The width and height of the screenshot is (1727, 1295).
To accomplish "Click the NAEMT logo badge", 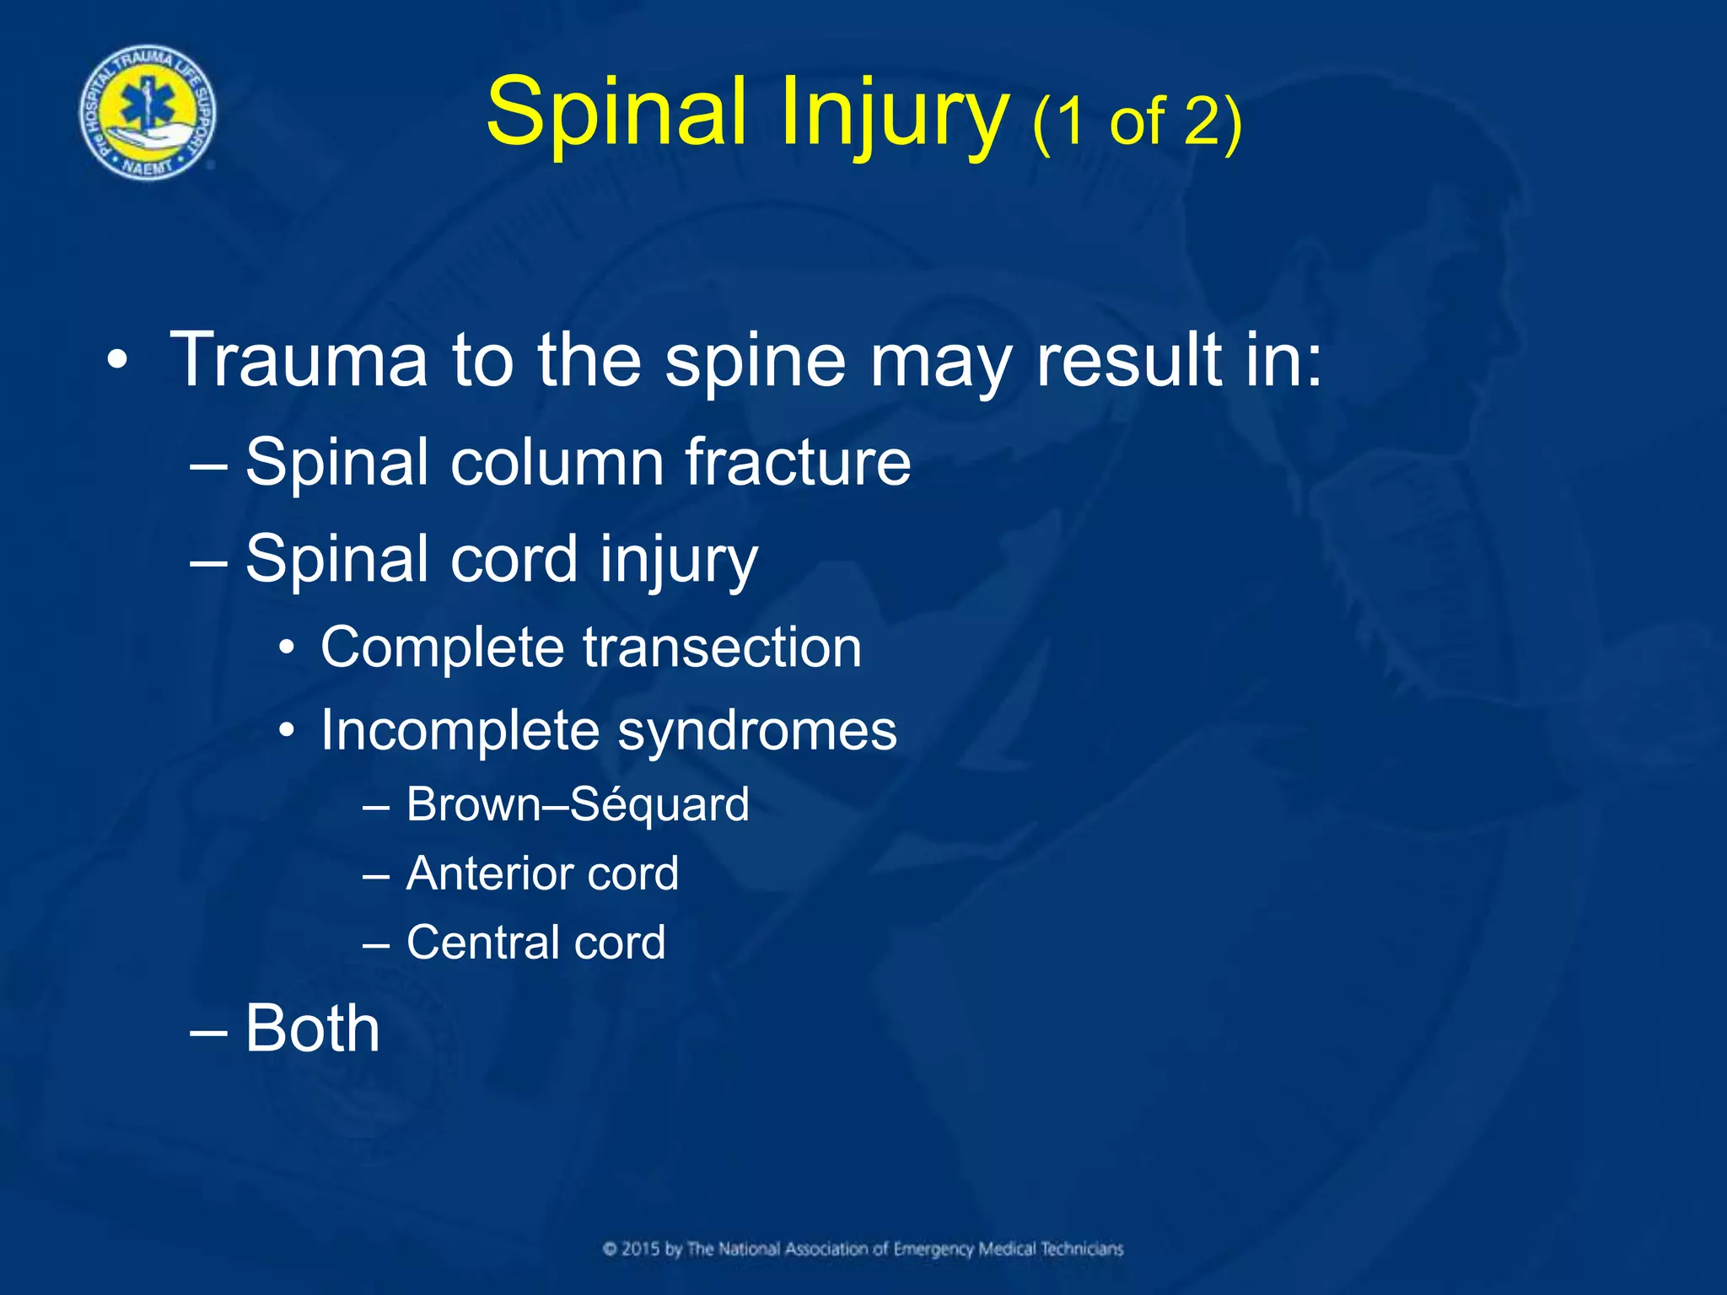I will [148, 112].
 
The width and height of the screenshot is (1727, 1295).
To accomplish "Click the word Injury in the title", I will [894, 114].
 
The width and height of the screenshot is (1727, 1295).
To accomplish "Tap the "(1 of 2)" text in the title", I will [1137, 122].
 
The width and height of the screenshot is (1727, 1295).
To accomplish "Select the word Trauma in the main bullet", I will [299, 361].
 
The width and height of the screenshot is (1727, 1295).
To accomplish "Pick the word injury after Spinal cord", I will [679, 561].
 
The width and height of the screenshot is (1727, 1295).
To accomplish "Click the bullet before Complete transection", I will [288, 648].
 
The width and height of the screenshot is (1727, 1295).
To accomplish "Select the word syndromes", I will [757, 730].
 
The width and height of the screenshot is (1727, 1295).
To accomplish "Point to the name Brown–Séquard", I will [578, 804].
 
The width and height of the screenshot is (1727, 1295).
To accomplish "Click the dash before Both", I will [207, 1030].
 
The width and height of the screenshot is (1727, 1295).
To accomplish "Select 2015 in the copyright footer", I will [641, 1249].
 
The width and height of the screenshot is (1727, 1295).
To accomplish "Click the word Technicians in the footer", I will [1082, 1249].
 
